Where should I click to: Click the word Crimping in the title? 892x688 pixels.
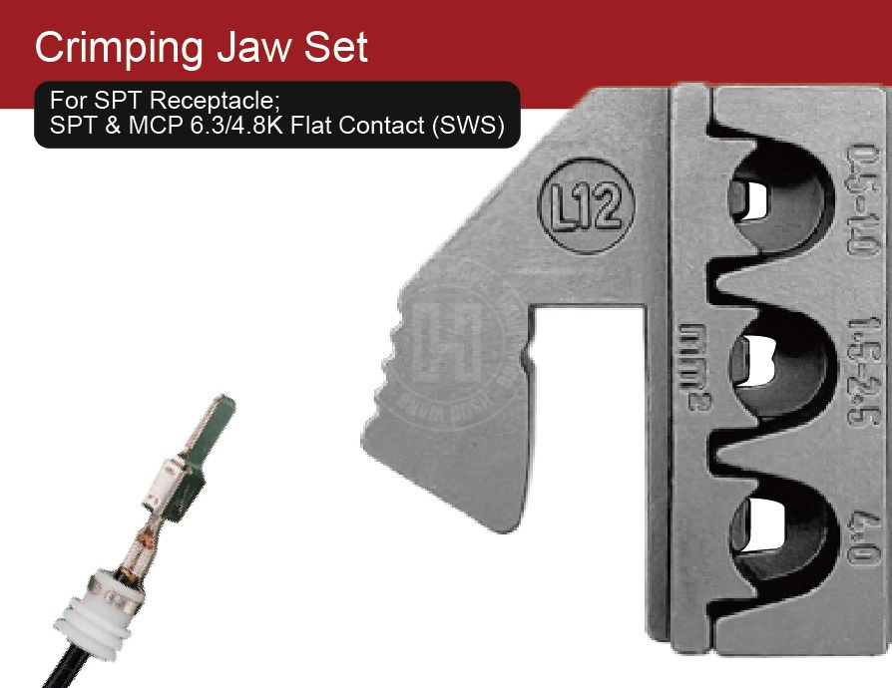[120, 47]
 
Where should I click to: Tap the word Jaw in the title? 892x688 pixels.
[261, 47]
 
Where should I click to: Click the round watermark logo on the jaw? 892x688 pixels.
[454, 339]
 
